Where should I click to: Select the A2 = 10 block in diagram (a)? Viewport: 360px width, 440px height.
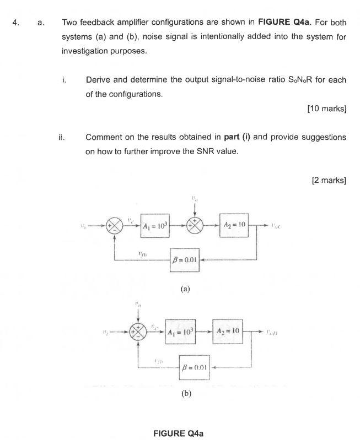click(x=234, y=225)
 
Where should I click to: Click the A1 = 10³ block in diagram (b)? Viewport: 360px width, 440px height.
click(x=180, y=333)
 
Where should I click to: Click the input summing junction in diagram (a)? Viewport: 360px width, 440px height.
click(x=114, y=226)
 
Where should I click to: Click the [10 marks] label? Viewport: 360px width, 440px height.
click(x=326, y=108)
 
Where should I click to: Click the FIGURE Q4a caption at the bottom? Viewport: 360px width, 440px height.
click(x=178, y=433)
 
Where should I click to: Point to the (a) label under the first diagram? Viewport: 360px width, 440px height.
click(x=185, y=288)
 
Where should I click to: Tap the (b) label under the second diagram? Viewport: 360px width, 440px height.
click(x=186, y=394)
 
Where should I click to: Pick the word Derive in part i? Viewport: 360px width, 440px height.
click(x=98, y=80)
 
